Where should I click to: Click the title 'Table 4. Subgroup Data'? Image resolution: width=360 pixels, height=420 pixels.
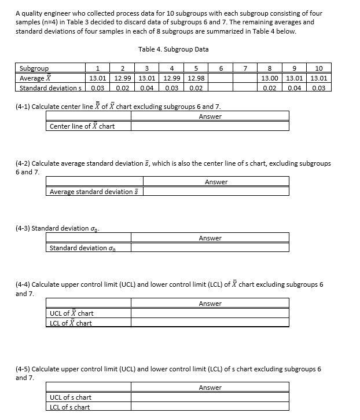174,49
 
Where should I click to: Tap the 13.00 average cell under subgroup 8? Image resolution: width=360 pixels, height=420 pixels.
269,78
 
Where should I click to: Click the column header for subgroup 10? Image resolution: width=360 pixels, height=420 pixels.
319,68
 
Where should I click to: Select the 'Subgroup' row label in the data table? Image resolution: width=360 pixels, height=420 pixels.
34,68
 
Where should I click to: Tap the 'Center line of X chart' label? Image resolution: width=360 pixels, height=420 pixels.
82,126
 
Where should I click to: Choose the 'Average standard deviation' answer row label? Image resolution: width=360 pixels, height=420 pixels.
95,192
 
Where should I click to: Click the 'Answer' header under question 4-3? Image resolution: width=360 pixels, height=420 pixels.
210,238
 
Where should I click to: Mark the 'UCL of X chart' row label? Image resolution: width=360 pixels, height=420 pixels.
72,313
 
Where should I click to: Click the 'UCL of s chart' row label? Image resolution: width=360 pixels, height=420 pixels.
71,397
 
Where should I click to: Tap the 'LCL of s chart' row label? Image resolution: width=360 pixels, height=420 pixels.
70,407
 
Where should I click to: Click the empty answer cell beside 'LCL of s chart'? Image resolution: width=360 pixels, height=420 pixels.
210,407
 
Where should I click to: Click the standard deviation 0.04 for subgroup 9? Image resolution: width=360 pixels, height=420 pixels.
294,88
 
